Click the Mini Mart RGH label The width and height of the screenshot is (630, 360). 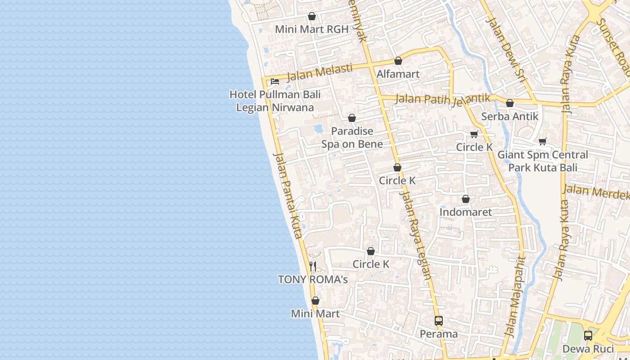tap(311, 29)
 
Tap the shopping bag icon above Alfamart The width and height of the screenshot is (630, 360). tap(398, 61)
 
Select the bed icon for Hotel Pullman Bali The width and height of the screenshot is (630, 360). tap(274, 81)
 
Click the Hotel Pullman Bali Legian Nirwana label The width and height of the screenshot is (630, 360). tap(275, 101)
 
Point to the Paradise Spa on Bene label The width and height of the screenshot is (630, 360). tap(352, 137)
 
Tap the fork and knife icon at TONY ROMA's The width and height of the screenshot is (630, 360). tap(313, 266)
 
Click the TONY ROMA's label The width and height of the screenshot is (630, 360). tap(313, 279)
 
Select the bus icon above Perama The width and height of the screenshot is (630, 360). tap(439, 321)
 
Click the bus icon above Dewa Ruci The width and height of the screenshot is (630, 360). tap(588, 335)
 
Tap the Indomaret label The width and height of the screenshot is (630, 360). tap(466, 212)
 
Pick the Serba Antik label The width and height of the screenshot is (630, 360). tap(509, 117)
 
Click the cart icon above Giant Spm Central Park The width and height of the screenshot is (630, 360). tap(543, 141)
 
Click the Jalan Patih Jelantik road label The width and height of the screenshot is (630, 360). tap(442, 99)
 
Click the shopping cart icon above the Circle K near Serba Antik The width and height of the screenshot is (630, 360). tap(474, 134)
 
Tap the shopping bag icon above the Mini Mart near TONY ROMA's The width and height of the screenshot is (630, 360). tap(315, 300)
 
